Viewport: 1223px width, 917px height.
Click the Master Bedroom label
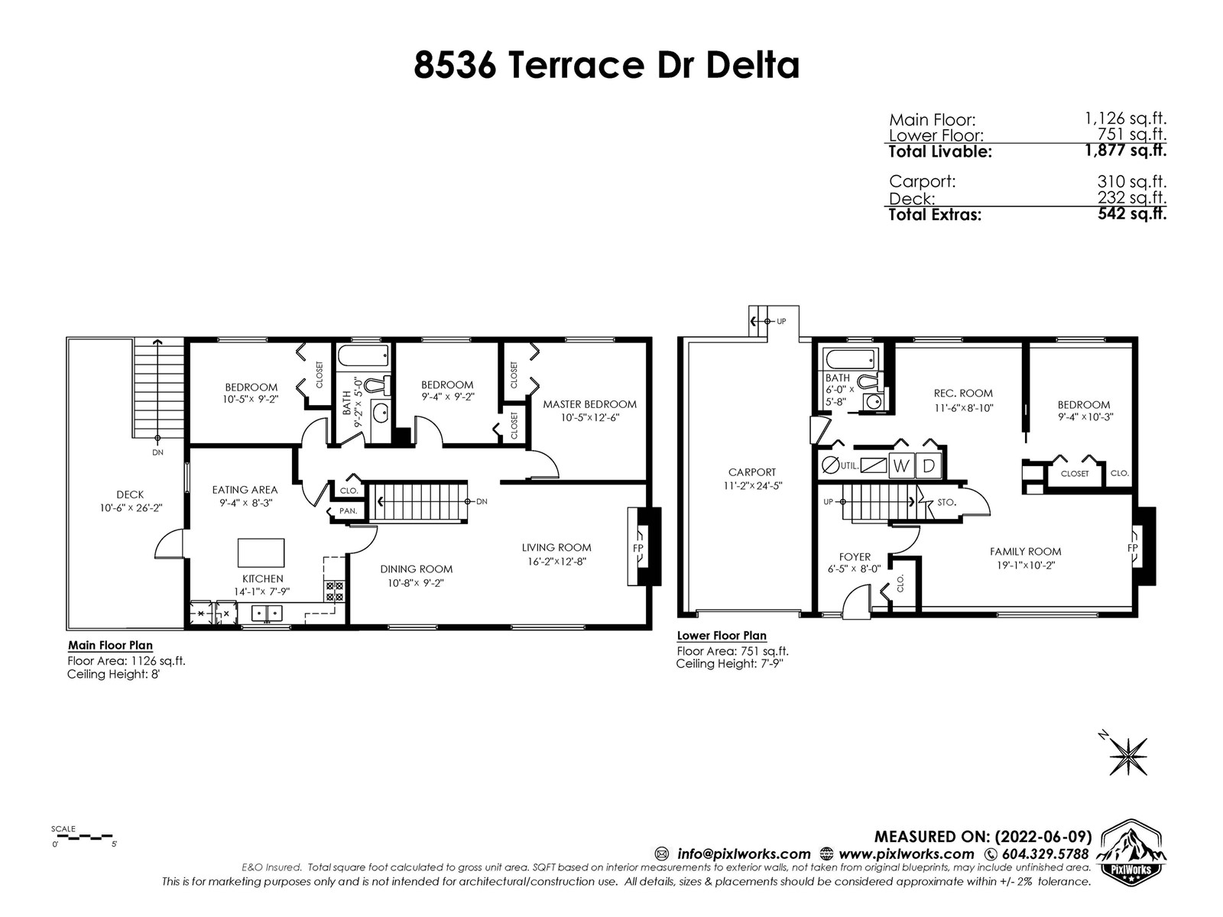coord(589,404)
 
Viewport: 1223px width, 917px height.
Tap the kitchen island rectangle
coord(261,552)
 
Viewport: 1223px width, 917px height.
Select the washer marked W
coord(901,466)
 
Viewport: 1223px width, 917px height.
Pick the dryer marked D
coord(928,466)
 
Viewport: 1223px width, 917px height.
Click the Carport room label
coord(752,472)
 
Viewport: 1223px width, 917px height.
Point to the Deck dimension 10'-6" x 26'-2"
coord(131,507)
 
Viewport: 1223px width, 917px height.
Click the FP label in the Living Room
coord(638,548)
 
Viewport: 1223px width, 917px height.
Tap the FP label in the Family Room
coord(1132,548)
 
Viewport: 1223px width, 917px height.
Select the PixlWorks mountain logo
coord(1131,851)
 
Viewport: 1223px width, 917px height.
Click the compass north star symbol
coord(1128,756)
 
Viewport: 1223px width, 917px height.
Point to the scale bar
coord(83,837)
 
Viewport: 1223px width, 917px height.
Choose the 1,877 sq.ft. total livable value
coord(1125,151)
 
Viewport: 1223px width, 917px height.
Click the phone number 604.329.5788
coord(1045,854)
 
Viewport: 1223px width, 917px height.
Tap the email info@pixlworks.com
coord(744,854)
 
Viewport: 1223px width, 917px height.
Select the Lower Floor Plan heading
coord(722,635)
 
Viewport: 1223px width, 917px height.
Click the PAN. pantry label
coord(349,510)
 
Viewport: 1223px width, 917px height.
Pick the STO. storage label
coord(946,502)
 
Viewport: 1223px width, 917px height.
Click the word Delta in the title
coord(753,65)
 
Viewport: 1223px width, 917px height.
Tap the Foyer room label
coord(855,557)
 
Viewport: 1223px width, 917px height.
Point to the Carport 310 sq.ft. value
coord(1131,182)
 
